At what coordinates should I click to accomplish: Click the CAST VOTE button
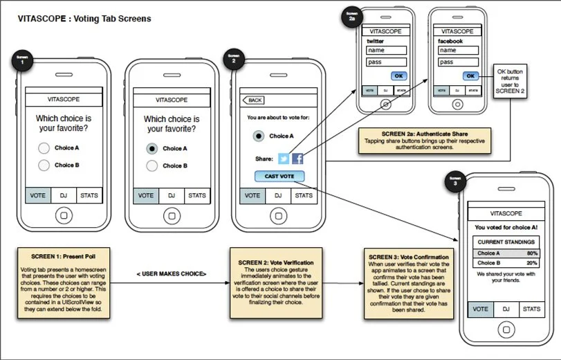pos(279,177)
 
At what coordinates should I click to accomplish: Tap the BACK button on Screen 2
pos(253,100)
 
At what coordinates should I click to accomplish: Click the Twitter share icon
pos(284,159)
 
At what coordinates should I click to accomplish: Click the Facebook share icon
pos(297,159)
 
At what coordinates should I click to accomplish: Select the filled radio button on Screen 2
pos(258,136)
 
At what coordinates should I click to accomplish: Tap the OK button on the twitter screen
pos(398,75)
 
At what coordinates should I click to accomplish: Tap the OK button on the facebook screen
pos(470,75)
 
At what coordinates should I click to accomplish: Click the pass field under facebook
pos(457,62)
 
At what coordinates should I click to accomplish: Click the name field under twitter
pos(384,50)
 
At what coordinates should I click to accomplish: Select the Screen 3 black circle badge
pos(455,181)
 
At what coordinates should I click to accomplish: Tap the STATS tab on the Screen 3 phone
pos(530,309)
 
